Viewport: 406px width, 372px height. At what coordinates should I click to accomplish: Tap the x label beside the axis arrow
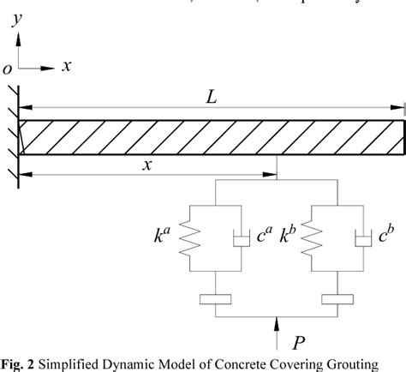65,66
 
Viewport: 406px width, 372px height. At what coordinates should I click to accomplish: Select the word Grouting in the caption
349,364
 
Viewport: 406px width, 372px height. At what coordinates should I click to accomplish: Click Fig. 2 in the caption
16,364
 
